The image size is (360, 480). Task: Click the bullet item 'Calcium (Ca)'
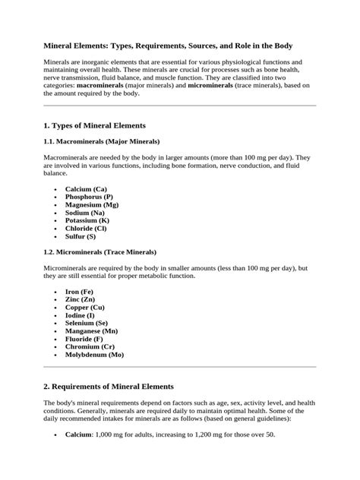pyautogui.click(x=86, y=188)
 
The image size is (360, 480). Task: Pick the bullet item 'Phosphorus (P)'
pyautogui.click(x=89, y=197)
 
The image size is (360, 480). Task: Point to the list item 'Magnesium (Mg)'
pyautogui.click(x=91, y=204)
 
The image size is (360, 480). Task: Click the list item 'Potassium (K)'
pyautogui.click(x=87, y=220)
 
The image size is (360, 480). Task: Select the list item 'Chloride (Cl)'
pyautogui.click(x=86, y=228)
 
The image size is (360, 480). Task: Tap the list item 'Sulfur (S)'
pyautogui.click(x=81, y=236)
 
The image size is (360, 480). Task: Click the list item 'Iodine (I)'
pyautogui.click(x=81, y=315)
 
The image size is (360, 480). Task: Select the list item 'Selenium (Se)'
pyautogui.click(x=86, y=323)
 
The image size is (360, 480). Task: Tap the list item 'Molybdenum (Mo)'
pyautogui.click(x=94, y=355)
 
